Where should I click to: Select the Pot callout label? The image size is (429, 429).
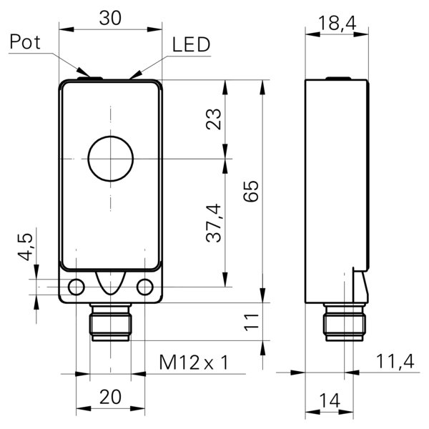pyautogui.click(x=26, y=43)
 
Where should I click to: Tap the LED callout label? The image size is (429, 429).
pyautogui.click(x=191, y=45)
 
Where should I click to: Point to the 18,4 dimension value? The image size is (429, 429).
pyautogui.click(x=336, y=24)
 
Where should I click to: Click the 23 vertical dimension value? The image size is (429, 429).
pyautogui.click(x=214, y=119)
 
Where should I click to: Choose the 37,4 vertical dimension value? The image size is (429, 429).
pyautogui.click(x=214, y=222)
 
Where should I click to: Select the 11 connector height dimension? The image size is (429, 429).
pyautogui.click(x=250, y=322)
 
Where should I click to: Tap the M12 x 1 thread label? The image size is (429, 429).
pyautogui.click(x=193, y=363)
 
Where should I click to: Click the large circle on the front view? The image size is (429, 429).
pyautogui.click(x=111, y=158)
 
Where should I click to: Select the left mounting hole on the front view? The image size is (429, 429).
pyautogui.click(x=75, y=287)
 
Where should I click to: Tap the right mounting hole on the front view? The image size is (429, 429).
pyautogui.click(x=146, y=287)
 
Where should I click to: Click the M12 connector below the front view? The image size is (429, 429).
pyautogui.click(x=110, y=324)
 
